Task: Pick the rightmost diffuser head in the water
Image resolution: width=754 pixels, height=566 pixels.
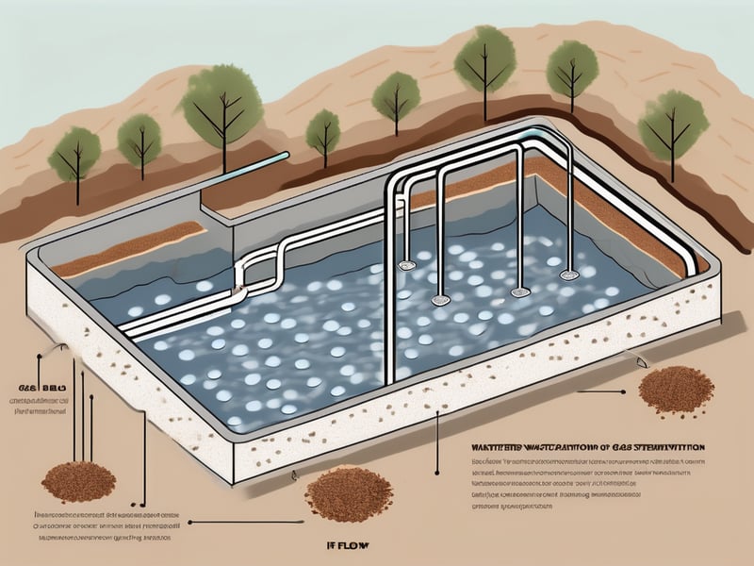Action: (x=568, y=275)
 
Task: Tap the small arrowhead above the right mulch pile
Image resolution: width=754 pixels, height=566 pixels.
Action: (x=640, y=363)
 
